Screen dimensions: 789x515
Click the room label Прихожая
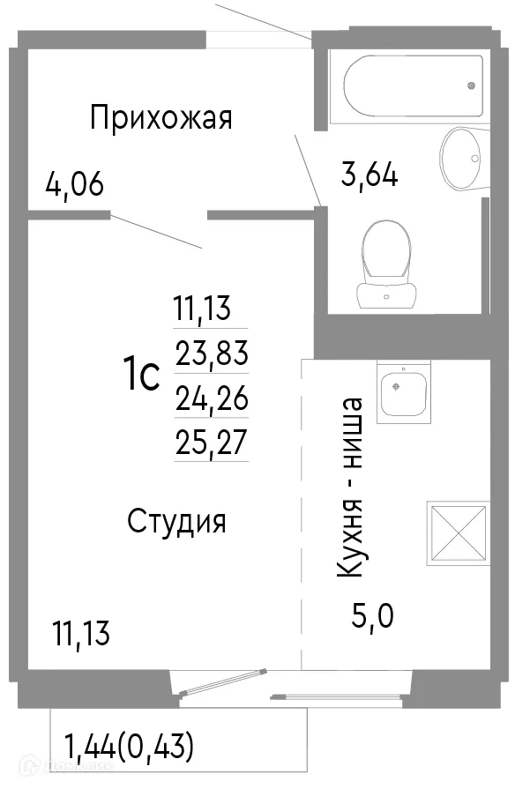(161, 117)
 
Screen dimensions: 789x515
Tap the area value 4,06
(75, 185)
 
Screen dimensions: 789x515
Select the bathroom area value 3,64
(369, 174)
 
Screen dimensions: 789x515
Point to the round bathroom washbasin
(463, 158)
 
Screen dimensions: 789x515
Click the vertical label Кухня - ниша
(350, 488)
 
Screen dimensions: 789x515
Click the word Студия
(177, 521)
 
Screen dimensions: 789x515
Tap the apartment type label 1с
(140, 376)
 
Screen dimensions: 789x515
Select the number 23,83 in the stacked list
(212, 354)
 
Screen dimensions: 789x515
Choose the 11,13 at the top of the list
(202, 309)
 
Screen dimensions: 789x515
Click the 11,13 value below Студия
(81, 633)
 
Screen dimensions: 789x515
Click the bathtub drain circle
(471, 86)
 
